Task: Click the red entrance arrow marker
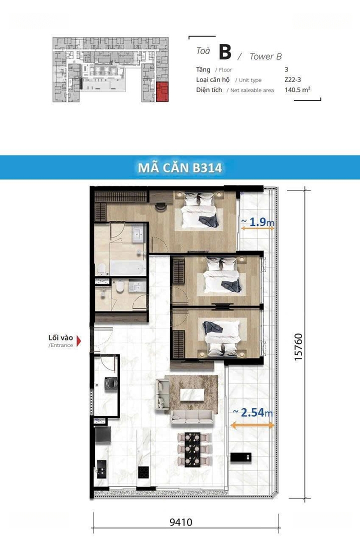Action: click(79, 341)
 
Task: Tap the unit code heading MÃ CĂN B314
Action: click(180, 167)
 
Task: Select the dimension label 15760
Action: click(298, 347)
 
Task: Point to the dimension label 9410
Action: click(181, 522)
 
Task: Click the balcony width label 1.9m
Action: click(258, 222)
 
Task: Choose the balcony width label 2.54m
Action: click(253, 412)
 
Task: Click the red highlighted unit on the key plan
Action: click(162, 92)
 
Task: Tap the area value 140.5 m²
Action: click(297, 90)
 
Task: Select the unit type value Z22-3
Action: click(293, 79)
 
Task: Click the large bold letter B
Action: click(225, 52)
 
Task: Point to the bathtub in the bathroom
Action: click(128, 268)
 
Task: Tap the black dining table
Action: click(192, 450)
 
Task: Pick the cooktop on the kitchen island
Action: click(143, 472)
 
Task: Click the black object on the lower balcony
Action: click(241, 457)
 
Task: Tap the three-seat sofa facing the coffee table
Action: click(192, 416)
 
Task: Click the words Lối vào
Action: click(60, 337)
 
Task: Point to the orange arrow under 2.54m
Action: click(252, 425)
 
